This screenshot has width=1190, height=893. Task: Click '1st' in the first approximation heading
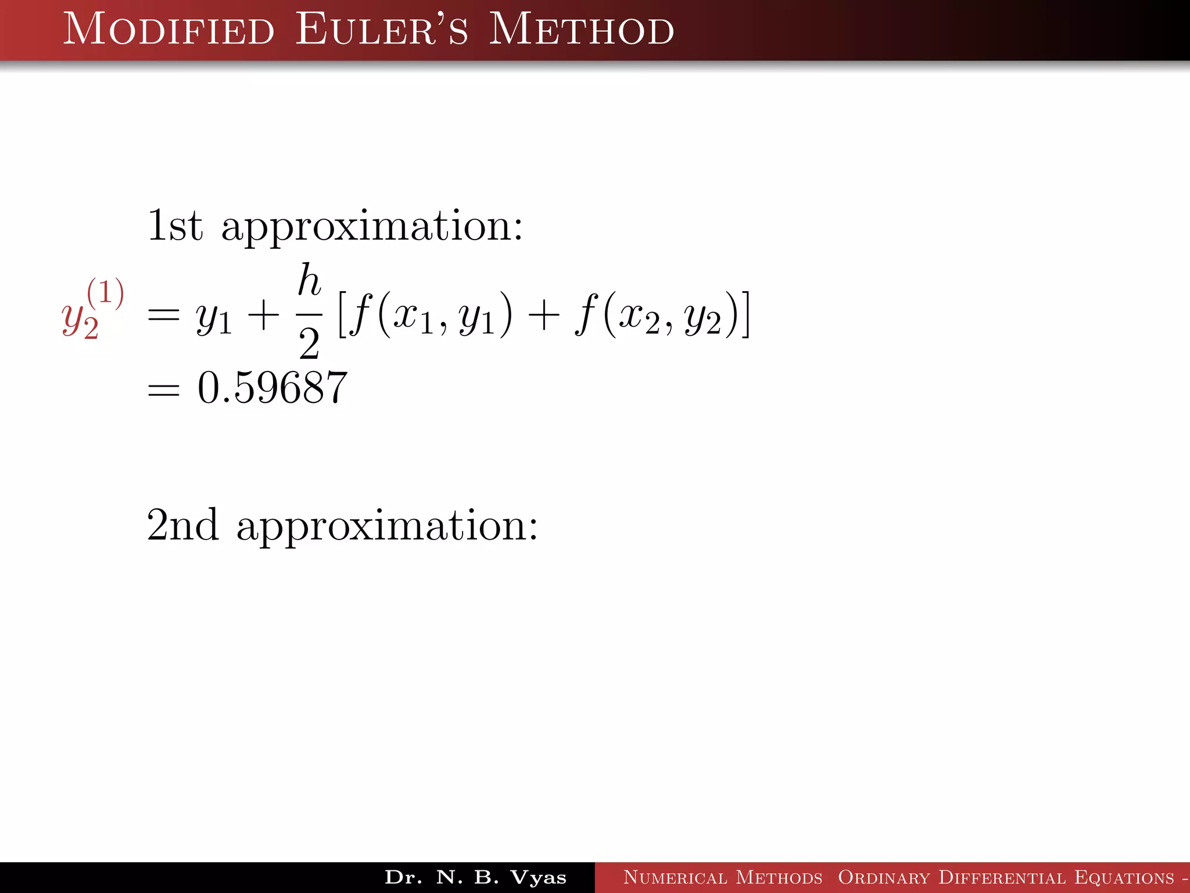[175, 226]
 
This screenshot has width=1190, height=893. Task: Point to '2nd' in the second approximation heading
[182, 525]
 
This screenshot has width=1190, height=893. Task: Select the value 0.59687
[273, 388]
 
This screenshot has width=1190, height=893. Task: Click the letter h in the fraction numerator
[309, 280]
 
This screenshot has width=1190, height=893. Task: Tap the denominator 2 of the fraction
[309, 344]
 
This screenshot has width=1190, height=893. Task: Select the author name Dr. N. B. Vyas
[475, 877]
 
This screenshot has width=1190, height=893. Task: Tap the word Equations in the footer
[1124, 877]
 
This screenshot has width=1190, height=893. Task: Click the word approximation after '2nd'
[387, 526]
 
